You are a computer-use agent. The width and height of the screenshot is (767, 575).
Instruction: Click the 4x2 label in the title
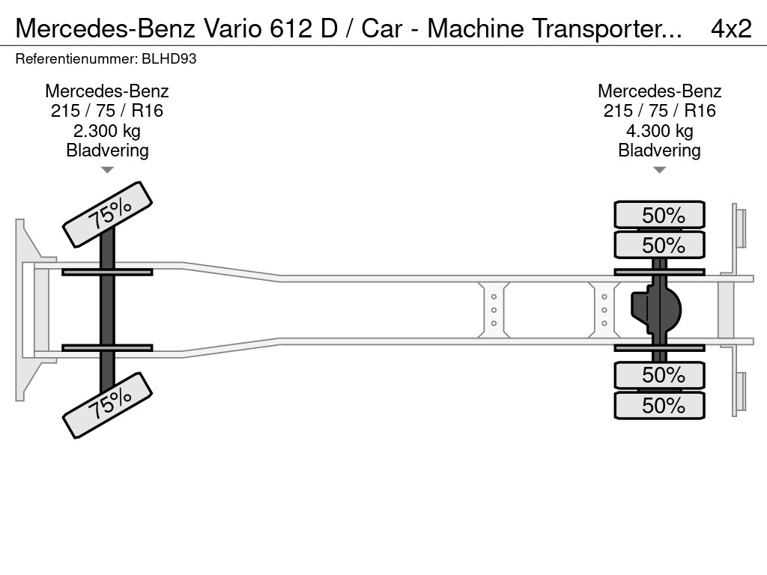(730, 28)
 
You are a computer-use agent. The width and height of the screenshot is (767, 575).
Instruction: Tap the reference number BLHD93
(172, 58)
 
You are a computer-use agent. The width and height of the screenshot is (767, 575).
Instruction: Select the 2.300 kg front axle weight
(107, 131)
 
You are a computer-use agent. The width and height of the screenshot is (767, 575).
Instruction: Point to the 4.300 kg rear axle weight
(659, 131)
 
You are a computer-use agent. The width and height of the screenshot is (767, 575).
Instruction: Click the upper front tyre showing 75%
(108, 214)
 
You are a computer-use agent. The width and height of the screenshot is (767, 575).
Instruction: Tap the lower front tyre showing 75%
(108, 404)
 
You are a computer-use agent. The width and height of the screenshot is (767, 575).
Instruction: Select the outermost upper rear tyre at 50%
(659, 215)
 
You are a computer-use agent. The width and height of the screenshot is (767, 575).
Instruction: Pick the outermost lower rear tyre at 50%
(659, 406)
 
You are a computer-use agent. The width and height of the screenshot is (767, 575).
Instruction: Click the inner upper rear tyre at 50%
(659, 245)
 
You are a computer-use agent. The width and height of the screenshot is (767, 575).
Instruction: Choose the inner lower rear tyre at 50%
(659, 374)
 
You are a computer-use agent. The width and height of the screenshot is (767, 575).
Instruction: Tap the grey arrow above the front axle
(107, 170)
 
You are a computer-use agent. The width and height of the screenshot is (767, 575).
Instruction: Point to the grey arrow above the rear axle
(659, 170)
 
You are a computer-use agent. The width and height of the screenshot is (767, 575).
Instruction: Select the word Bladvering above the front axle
(107, 150)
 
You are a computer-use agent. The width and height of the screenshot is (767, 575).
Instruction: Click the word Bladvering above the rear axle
(659, 150)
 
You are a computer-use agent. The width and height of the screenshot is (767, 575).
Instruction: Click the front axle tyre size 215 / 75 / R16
(107, 111)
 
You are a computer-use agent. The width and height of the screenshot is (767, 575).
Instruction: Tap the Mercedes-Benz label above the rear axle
(659, 91)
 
